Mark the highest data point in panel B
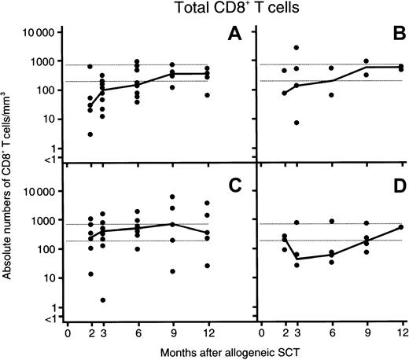(x=297, y=48)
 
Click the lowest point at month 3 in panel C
(x=103, y=300)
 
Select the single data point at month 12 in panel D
(x=402, y=227)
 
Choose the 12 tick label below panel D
(x=402, y=332)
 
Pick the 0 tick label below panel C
(x=68, y=332)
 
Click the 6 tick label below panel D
(x=331, y=332)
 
